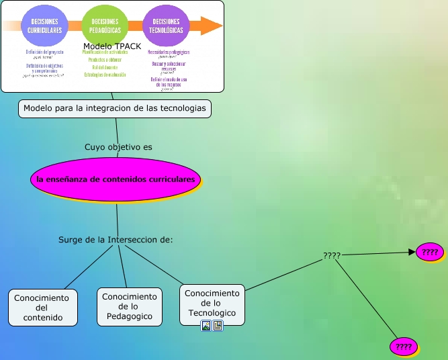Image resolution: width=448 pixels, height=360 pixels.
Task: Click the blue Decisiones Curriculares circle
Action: pyautogui.click(x=45, y=26)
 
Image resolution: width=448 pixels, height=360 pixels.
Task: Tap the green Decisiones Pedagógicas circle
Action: pyautogui.click(x=105, y=26)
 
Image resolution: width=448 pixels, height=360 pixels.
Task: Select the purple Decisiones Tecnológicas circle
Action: pyautogui.click(x=165, y=26)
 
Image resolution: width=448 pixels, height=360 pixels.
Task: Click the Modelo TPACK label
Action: pyautogui.click(x=112, y=46)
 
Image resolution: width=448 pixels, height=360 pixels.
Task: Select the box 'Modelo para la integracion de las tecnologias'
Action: pyautogui.click(x=115, y=108)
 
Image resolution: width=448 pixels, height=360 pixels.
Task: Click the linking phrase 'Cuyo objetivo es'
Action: pyautogui.click(x=118, y=146)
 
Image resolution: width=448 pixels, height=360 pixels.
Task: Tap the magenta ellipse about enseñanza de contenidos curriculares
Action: pyautogui.click(x=116, y=179)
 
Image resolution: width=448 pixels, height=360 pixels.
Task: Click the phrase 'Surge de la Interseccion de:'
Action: pyautogui.click(x=116, y=239)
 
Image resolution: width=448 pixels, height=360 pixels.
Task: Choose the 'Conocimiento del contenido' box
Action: pyautogui.click(x=43, y=308)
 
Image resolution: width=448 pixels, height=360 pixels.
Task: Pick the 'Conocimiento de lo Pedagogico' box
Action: pyautogui.click(x=130, y=306)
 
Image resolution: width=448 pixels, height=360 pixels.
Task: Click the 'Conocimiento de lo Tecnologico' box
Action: pyautogui.click(x=212, y=304)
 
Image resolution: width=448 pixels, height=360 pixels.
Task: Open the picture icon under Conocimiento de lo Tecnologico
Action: pyautogui.click(x=207, y=326)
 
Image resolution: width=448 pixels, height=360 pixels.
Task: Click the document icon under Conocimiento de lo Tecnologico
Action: pyautogui.click(x=218, y=326)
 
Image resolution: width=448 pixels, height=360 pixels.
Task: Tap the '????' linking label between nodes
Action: pyautogui.click(x=332, y=256)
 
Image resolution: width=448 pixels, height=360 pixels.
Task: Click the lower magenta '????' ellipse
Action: pyautogui.click(x=404, y=347)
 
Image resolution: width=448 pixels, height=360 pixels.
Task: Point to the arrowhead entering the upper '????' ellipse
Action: pyautogui.click(x=411, y=253)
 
